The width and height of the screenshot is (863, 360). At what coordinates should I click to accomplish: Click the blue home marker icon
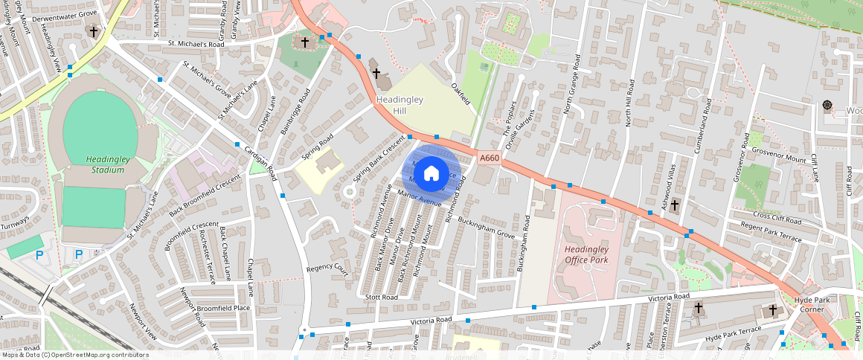point(431,173)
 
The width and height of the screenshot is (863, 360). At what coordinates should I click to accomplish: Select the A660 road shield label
point(489,158)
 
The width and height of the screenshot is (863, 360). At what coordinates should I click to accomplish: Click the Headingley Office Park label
point(586,254)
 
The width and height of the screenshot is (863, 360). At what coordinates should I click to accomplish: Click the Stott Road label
point(382,296)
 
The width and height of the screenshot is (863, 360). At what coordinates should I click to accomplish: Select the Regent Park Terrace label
point(772,234)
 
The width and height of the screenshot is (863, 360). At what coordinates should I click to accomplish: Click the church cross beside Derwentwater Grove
point(93,31)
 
